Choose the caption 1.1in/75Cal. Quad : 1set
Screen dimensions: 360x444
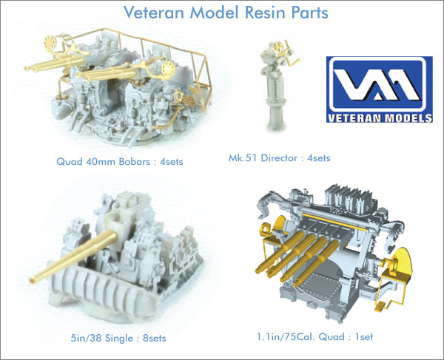[x=320, y=339]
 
